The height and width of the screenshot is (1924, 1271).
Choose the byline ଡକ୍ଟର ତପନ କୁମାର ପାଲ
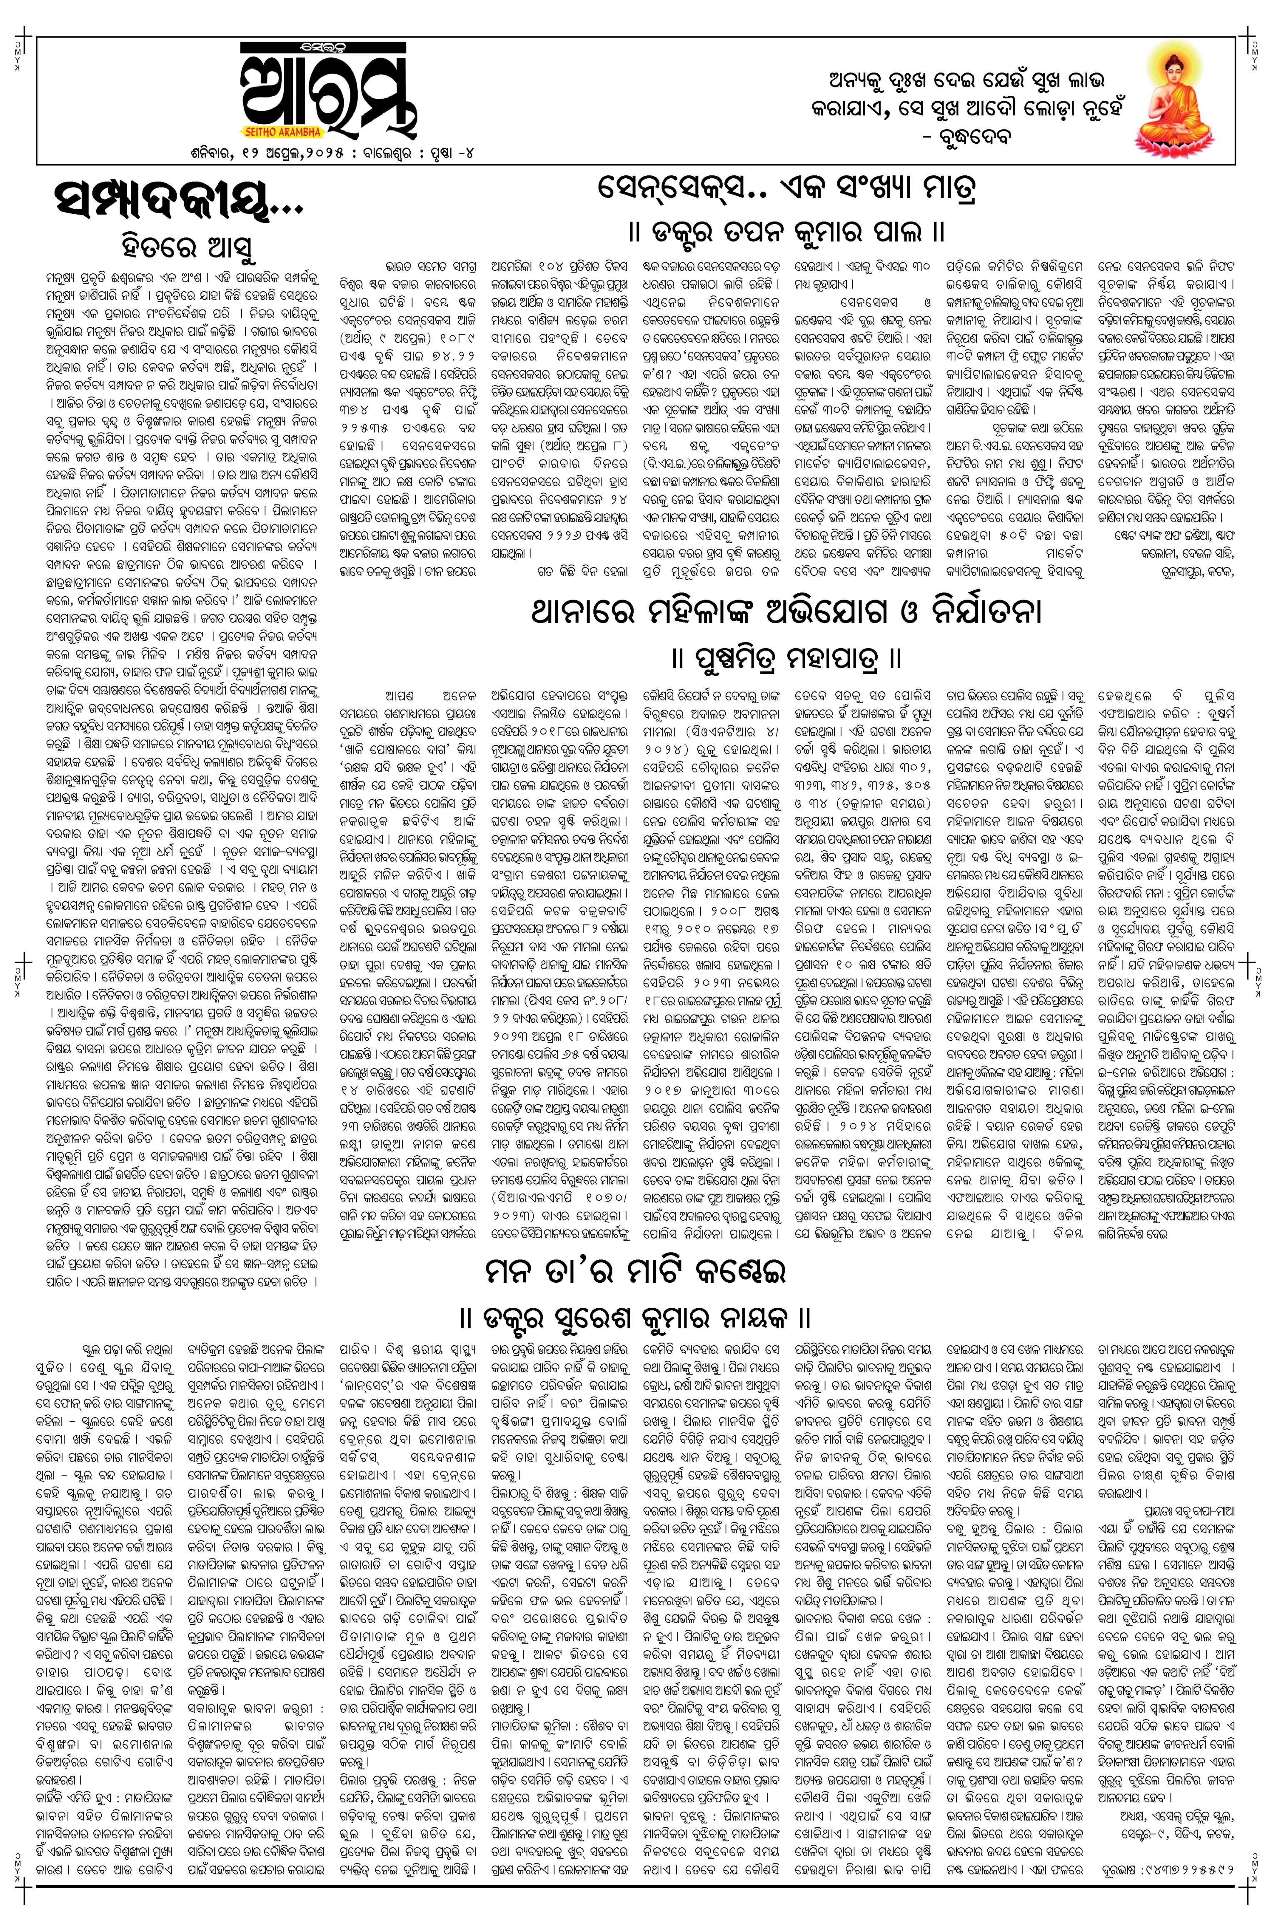coord(786,233)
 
